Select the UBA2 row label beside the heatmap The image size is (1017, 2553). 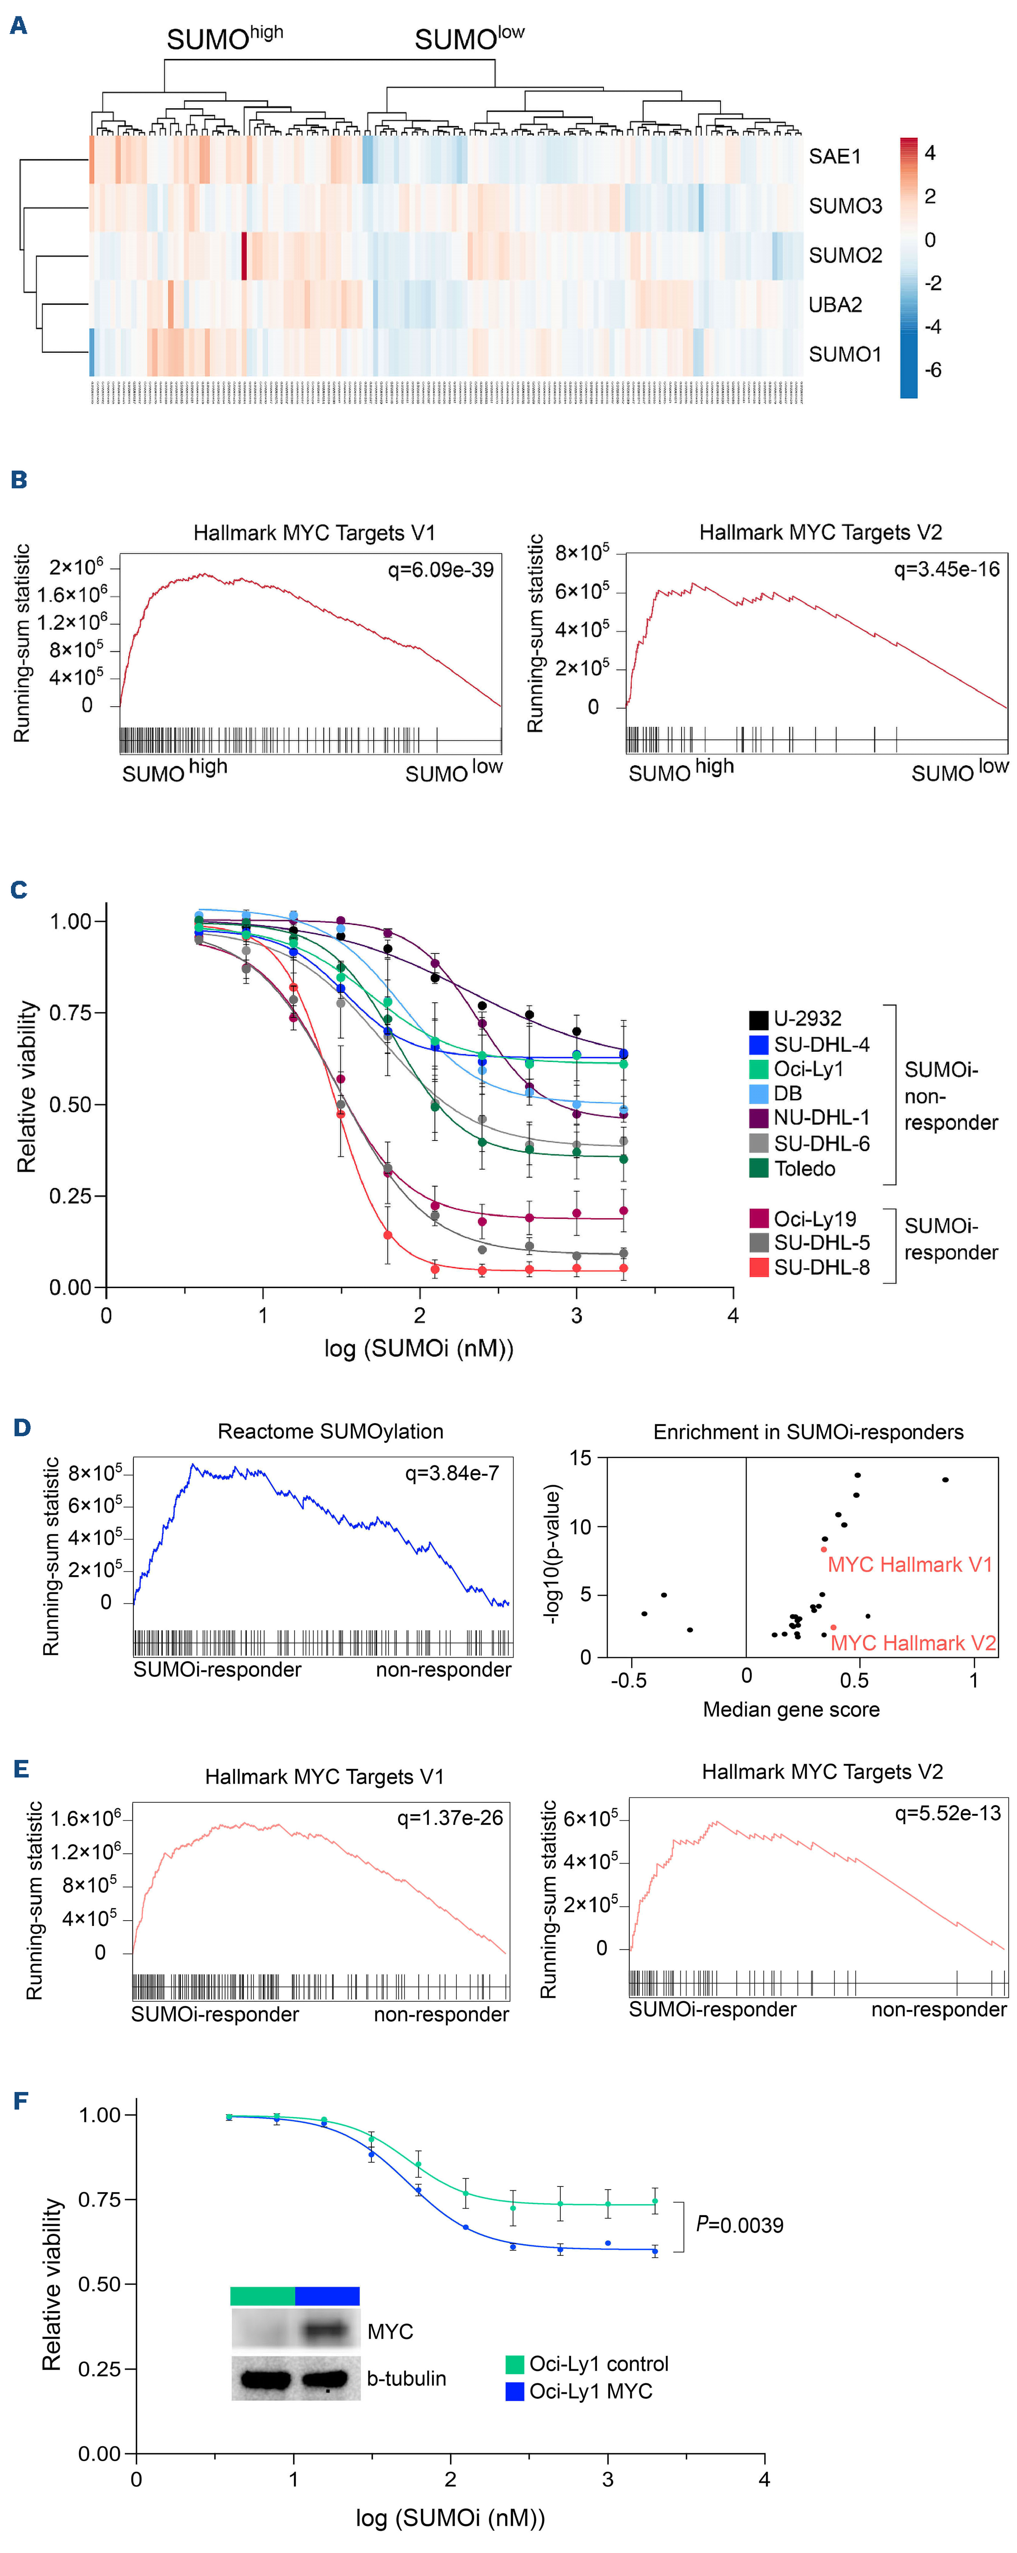[x=835, y=304]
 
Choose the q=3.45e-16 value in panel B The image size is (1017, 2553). [x=947, y=569]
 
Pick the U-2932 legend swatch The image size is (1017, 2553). [x=758, y=1019]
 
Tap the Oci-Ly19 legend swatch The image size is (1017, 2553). [x=758, y=1218]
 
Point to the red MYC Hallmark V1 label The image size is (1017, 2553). [x=909, y=1564]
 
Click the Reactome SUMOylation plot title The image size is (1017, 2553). [x=330, y=1431]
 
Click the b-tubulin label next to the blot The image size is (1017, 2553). [x=407, y=2379]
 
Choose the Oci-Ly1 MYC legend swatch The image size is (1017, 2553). [x=514, y=2392]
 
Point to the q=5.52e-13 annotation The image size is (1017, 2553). [x=948, y=1813]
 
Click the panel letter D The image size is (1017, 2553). [x=22, y=1427]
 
